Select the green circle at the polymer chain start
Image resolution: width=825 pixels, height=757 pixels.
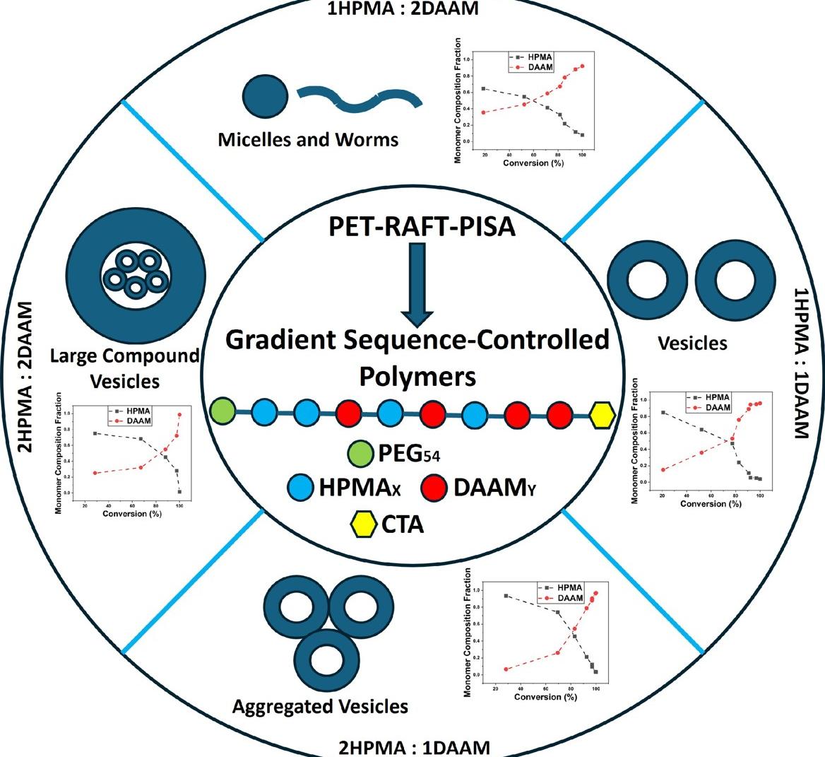click(223, 410)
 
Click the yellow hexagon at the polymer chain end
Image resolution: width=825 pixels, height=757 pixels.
click(602, 415)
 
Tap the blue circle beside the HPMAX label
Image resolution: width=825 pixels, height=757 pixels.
click(302, 488)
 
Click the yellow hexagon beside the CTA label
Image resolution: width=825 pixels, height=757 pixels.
click(363, 524)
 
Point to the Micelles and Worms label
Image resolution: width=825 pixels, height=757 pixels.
click(308, 139)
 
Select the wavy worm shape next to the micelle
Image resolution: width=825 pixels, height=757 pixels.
click(360, 97)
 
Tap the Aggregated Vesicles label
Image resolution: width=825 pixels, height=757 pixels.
click(320, 705)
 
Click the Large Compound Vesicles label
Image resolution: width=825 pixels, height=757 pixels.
click(125, 368)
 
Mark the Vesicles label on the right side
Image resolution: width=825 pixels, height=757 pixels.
click(692, 343)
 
